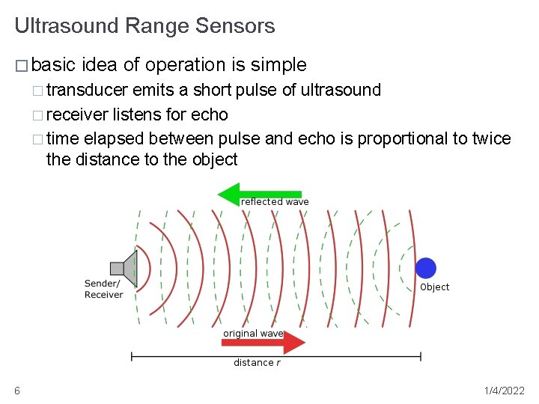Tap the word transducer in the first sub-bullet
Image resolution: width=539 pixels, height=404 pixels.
[87, 91]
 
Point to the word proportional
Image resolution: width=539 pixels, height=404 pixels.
[405, 138]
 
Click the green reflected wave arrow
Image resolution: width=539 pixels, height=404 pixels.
[258, 194]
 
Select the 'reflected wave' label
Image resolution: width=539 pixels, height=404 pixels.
[275, 202]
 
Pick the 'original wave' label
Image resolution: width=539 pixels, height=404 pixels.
[252, 334]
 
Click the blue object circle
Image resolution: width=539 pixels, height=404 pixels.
[425, 268]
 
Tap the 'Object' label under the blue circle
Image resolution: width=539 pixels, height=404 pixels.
[435, 287]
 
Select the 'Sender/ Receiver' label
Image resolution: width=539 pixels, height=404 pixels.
[103, 289]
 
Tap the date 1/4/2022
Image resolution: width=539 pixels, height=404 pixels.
[504, 391]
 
